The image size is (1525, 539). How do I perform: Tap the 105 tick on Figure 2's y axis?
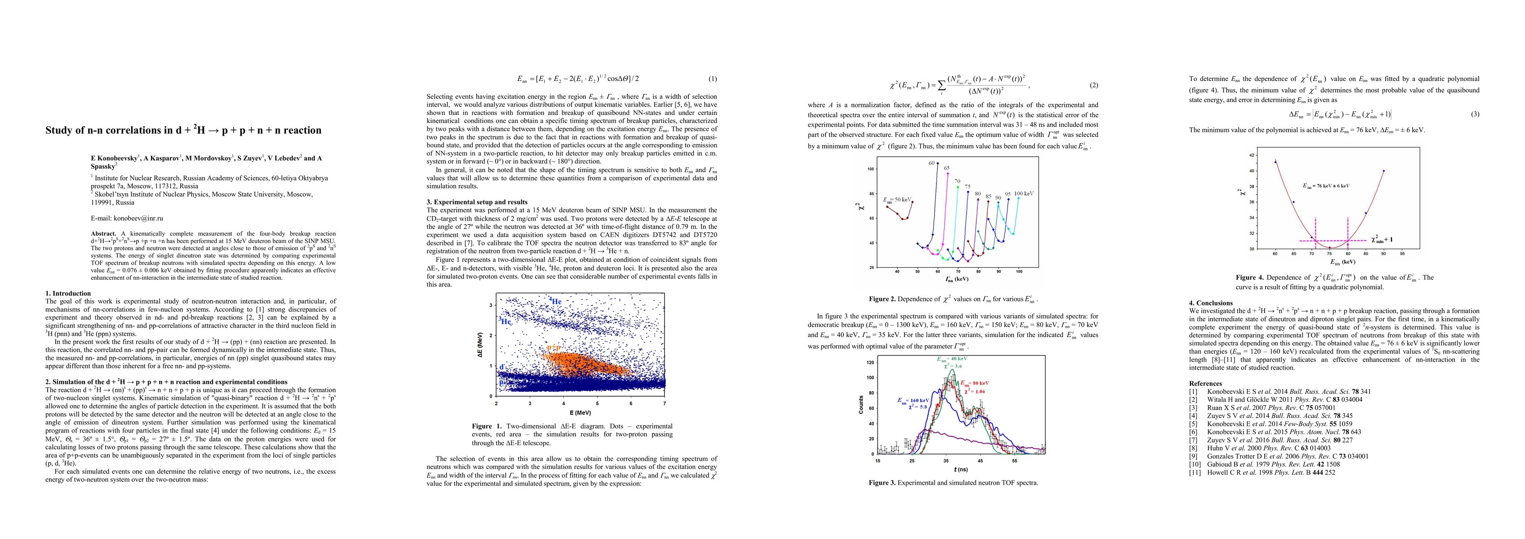click(870, 169)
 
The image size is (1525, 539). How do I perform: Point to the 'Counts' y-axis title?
click(861, 404)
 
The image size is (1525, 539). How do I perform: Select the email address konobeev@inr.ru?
click(138, 218)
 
